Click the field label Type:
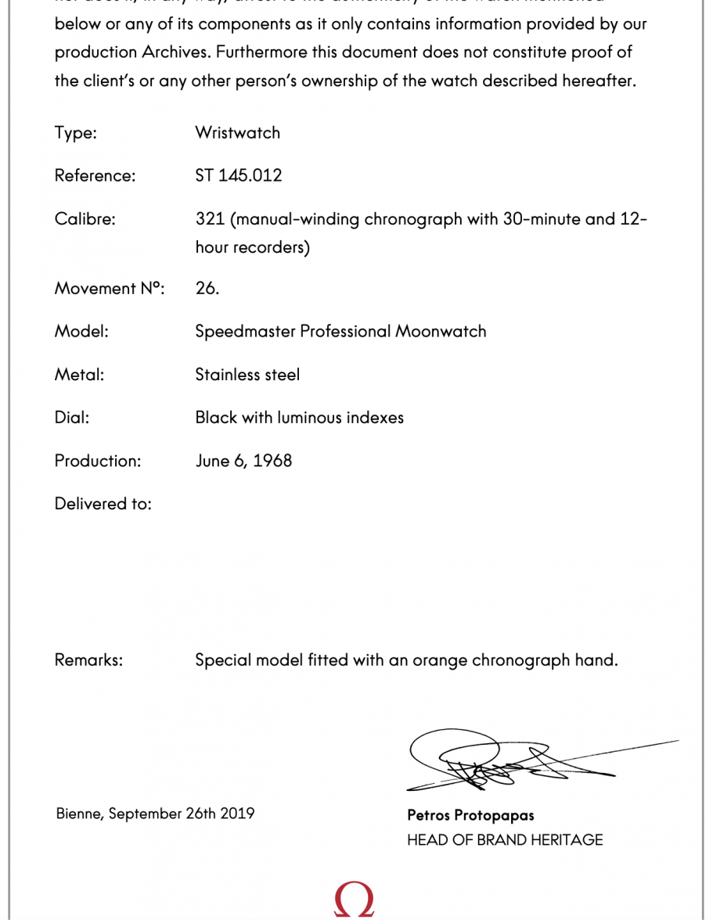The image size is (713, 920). [x=75, y=133]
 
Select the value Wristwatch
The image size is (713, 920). [x=237, y=133]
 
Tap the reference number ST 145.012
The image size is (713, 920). [x=238, y=175]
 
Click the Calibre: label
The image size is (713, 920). [x=85, y=219]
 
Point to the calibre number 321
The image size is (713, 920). [x=211, y=219]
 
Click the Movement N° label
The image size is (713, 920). [x=110, y=288]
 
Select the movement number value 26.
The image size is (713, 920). [x=207, y=288]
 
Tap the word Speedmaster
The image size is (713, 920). [x=245, y=331]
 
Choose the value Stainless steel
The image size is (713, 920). [x=247, y=375]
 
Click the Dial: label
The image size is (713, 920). [x=72, y=418]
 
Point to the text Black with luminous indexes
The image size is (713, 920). [x=299, y=418]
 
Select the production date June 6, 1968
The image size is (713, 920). [x=243, y=461]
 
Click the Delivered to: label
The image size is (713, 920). [x=103, y=504]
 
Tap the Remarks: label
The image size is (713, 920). [x=88, y=660]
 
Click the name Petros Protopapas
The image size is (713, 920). [x=470, y=815]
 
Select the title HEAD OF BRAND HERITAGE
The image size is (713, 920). [x=505, y=840]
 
